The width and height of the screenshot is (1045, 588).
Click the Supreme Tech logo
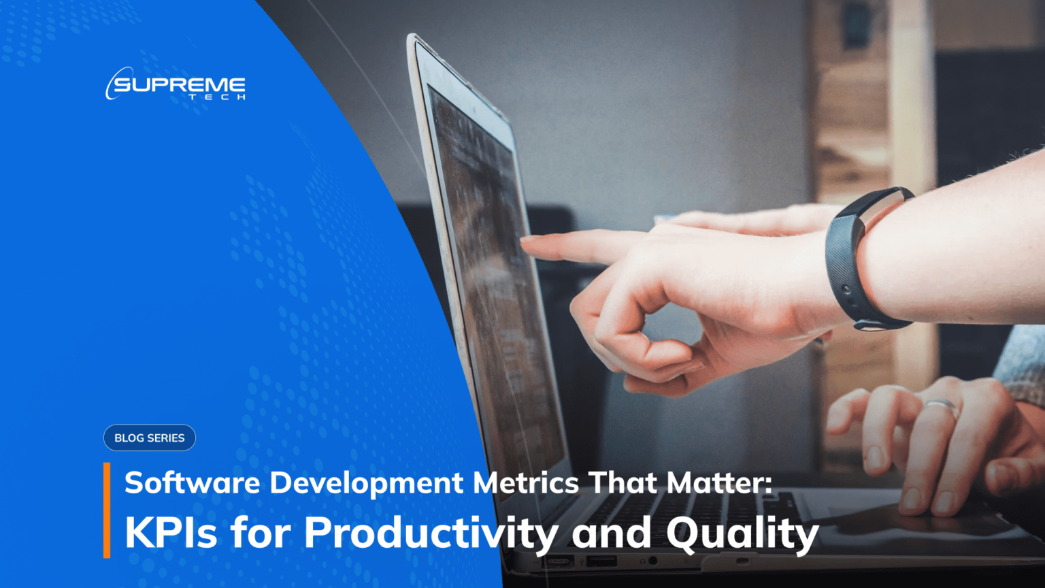point(176,84)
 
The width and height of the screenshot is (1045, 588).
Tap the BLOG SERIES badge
point(149,438)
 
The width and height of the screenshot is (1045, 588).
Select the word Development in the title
point(367,483)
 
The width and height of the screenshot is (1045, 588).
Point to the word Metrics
point(526,483)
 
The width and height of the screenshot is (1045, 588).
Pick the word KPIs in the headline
point(171,532)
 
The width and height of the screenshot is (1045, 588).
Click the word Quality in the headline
point(742,532)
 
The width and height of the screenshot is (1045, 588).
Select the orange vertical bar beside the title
point(107,510)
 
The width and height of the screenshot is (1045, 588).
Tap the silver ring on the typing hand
point(942,406)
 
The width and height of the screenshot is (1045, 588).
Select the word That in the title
point(623,483)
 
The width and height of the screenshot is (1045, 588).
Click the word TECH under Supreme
point(217,98)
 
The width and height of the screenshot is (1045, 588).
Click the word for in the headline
point(261,532)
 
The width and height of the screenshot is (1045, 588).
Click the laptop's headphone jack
point(653,560)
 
